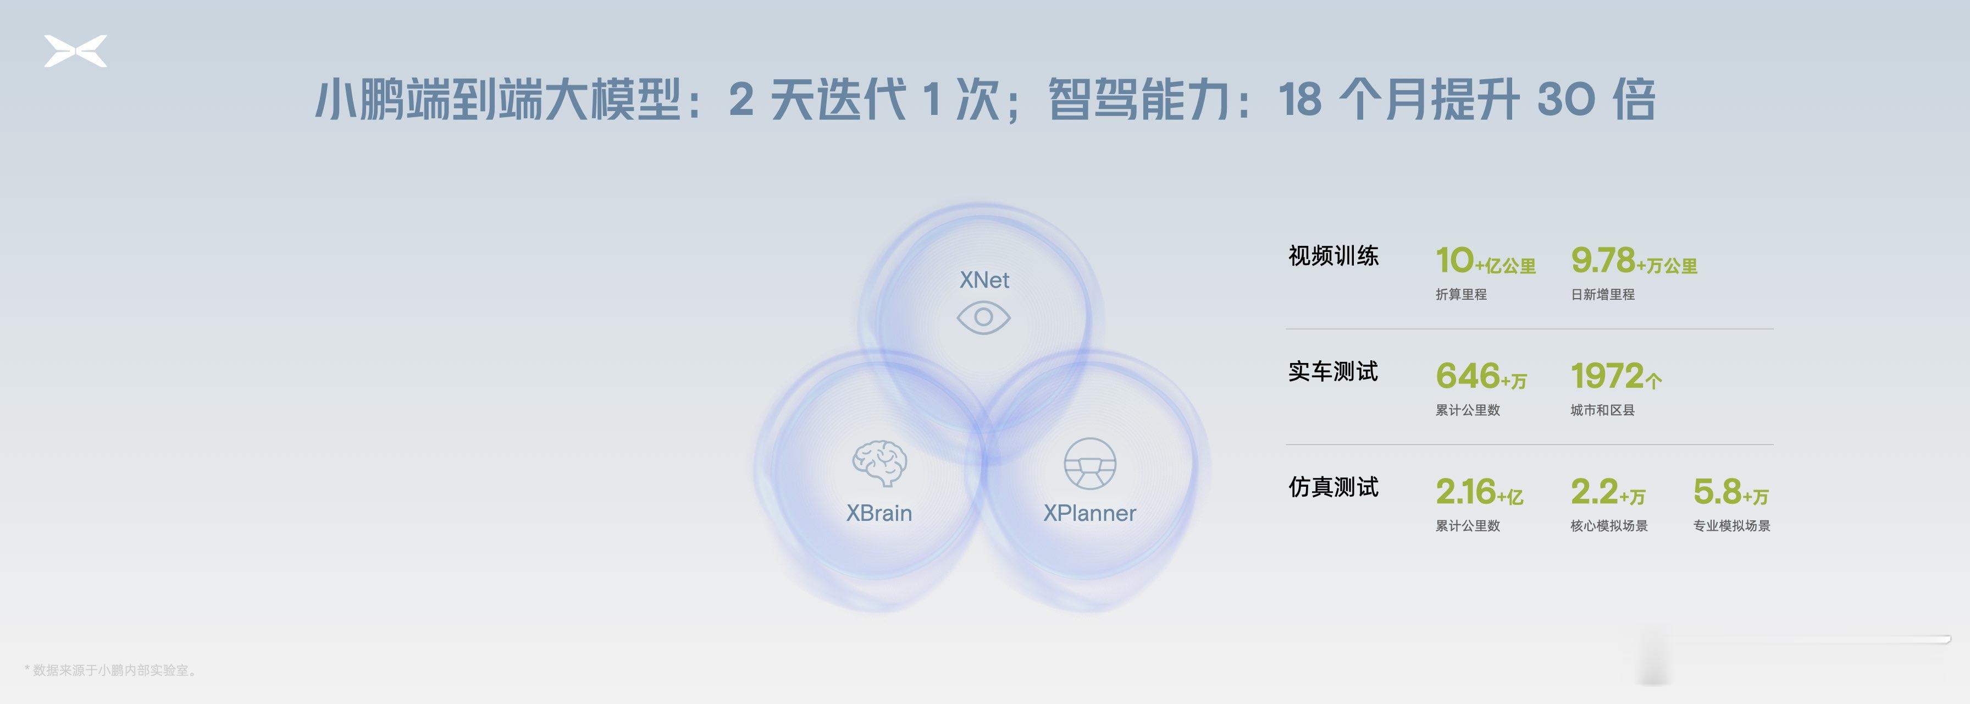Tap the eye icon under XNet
983,317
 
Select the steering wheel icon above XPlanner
1090,464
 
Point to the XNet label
984,280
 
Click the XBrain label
879,513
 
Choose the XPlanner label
1090,513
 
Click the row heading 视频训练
1333,256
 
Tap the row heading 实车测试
1333,371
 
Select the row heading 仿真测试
1333,487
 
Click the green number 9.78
1603,260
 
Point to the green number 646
1468,376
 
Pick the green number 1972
1607,376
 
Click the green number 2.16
1465,491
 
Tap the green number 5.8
1717,491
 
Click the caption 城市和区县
1602,410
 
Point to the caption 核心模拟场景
1609,526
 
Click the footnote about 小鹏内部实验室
111,670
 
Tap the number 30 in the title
1565,100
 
